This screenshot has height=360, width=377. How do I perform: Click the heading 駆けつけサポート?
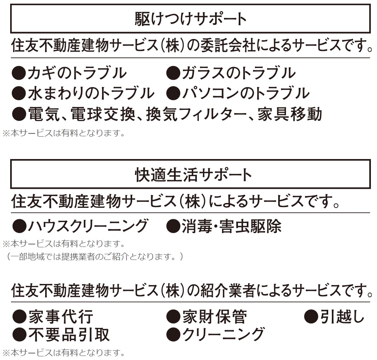(190, 19)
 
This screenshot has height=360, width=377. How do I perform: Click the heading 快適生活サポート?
(190, 175)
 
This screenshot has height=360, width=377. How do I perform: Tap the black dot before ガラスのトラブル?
(174, 74)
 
